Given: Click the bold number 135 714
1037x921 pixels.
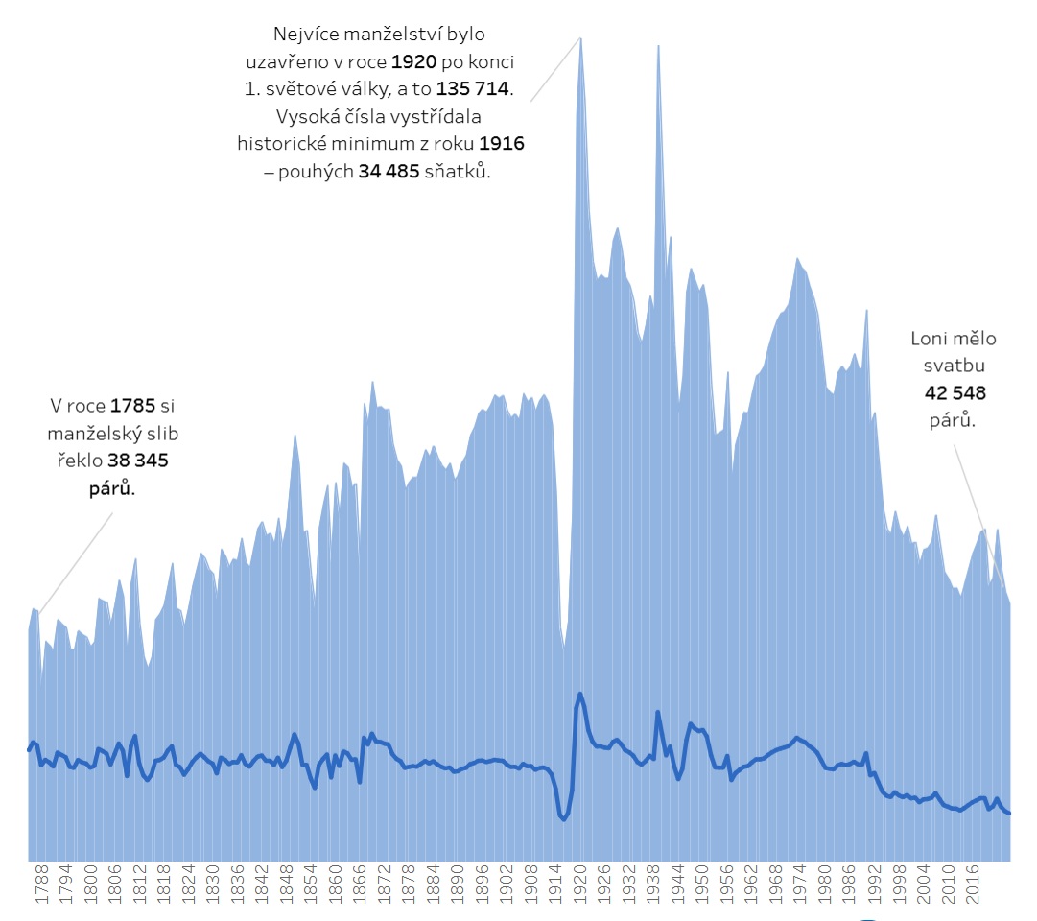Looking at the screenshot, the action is [x=472, y=88].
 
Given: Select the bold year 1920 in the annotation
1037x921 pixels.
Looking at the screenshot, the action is [x=414, y=61].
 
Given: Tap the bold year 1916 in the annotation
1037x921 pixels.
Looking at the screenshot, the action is [x=502, y=143].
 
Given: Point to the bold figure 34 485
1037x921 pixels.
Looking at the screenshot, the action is [x=389, y=171].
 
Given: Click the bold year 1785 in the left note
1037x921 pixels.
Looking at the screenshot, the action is [x=132, y=406].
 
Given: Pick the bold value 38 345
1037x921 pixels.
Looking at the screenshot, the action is [x=137, y=460].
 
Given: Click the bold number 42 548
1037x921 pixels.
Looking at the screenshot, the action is [x=955, y=393].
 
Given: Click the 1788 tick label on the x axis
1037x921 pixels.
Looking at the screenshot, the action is [x=41, y=884].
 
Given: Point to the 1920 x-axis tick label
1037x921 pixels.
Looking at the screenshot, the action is [x=580, y=884].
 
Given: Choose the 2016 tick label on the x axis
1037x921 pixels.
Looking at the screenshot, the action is [x=972, y=884].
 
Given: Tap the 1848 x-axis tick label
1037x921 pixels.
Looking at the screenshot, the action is [x=287, y=884].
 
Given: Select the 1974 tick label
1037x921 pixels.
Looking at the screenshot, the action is [x=800, y=884].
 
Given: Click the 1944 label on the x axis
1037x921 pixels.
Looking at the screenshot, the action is [x=678, y=884].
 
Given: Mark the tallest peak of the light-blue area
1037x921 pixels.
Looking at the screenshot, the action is [x=580, y=39].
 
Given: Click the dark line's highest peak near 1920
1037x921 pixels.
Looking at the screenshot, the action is [x=580, y=694].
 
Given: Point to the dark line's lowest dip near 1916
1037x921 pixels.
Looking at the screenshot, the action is [x=563, y=819].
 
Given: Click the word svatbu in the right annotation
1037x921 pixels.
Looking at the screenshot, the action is [x=955, y=366].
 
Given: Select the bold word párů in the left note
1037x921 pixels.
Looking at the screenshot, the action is [x=112, y=488].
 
